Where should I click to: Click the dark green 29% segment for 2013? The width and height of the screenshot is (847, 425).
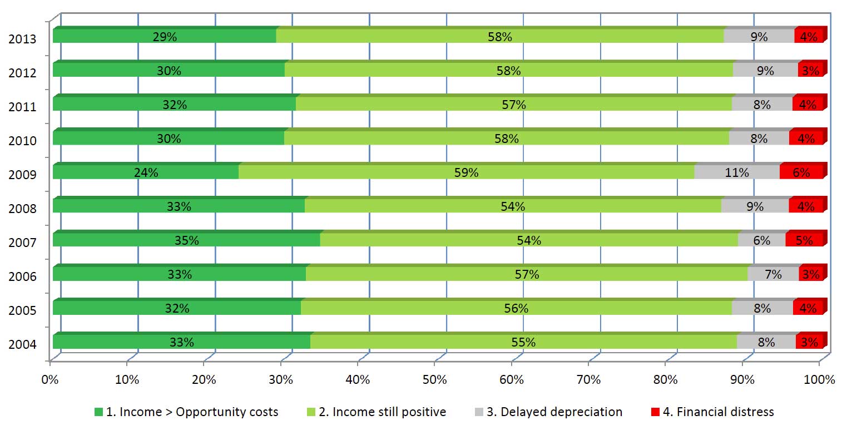coord(165,37)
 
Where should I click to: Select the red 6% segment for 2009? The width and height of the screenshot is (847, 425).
coord(801,172)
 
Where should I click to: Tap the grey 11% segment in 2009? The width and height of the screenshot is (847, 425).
coord(737,172)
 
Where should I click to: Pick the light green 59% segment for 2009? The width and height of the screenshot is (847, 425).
coord(466,172)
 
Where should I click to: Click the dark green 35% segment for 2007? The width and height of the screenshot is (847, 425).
coord(186,240)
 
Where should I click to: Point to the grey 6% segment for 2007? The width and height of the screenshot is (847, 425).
coord(761,240)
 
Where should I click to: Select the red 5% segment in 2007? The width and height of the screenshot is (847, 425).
coord(804,240)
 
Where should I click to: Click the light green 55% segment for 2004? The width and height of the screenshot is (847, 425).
coord(523,342)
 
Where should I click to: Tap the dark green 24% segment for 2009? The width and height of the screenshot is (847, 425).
coord(146,172)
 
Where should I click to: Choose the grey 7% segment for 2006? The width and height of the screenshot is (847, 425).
coord(773,274)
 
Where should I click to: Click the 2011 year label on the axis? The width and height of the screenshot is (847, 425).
coord(23,107)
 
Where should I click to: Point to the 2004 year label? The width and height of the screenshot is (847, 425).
coord(23,344)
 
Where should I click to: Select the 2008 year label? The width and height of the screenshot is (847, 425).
coord(23,209)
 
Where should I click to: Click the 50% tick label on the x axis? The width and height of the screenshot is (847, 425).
coord(434,380)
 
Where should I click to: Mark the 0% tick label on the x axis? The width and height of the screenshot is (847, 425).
coord(50,380)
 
